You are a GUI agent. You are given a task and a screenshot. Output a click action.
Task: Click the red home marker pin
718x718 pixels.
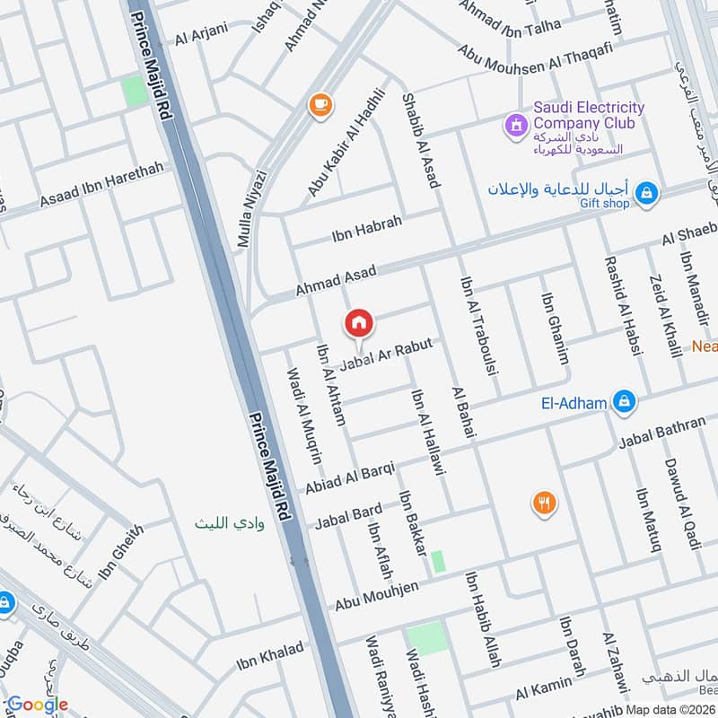click(x=359, y=323)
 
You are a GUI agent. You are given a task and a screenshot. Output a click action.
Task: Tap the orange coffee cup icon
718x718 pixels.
click(x=319, y=105)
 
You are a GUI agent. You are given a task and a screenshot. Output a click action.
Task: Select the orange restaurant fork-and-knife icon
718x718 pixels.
click(x=543, y=503)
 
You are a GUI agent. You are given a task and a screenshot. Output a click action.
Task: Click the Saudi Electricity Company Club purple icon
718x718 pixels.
click(x=516, y=125)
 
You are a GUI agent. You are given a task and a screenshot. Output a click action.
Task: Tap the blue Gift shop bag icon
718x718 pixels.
click(x=645, y=191)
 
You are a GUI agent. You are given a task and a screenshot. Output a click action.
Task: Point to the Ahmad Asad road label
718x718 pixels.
click(x=337, y=280)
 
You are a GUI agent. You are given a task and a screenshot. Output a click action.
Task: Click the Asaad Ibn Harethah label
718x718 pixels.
click(x=101, y=186)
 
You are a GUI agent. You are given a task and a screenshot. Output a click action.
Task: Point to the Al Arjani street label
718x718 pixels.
click(x=202, y=34)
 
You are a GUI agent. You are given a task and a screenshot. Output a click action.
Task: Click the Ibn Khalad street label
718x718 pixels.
click(x=269, y=657)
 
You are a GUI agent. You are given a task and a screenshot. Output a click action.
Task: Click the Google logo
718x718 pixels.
click(x=38, y=705)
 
